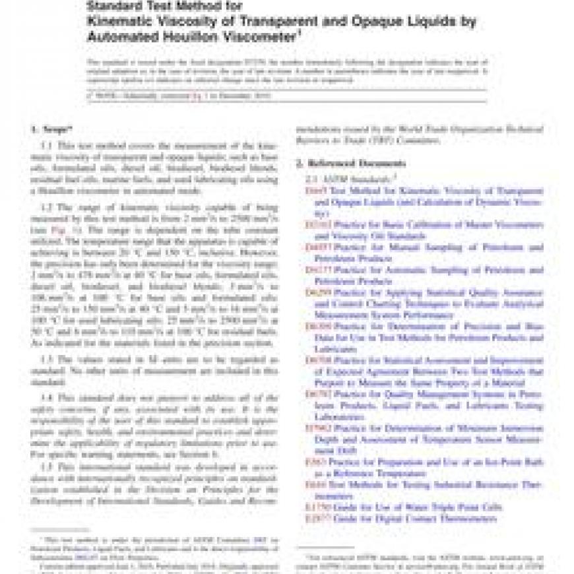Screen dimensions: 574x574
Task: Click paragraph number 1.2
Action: point(48,208)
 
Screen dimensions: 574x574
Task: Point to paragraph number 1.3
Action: point(48,359)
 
